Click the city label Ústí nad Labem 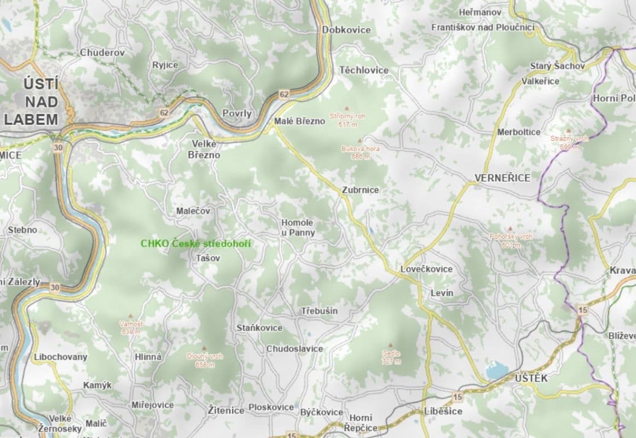click(33, 102)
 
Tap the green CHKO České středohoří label click(195, 244)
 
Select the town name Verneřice click(502, 178)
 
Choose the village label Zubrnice click(360, 190)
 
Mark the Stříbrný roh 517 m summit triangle click(346, 109)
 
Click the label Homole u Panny click(298, 228)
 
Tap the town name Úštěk click(531, 378)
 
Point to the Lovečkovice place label click(426, 269)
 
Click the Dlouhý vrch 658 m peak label click(205, 360)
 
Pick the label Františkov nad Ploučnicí click(482, 27)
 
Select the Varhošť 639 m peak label click(131, 327)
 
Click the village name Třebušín click(319, 311)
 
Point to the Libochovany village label click(60, 357)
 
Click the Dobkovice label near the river click(346, 30)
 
